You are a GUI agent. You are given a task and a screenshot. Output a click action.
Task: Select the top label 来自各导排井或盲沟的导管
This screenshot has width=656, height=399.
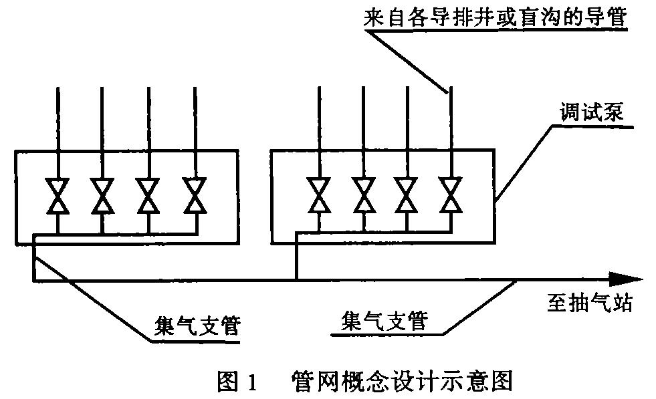click(495, 17)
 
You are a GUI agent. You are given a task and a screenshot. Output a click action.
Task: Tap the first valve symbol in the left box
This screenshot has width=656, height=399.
click(58, 196)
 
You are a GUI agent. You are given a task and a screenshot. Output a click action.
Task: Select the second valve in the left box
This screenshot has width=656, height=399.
click(103, 196)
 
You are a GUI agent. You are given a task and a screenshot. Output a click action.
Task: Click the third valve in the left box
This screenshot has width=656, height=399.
click(148, 196)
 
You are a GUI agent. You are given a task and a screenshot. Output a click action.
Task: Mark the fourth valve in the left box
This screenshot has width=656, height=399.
click(195, 196)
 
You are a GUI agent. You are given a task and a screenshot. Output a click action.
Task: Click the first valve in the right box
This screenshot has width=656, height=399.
click(318, 196)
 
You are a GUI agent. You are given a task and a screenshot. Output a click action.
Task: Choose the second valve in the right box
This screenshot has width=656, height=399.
click(362, 196)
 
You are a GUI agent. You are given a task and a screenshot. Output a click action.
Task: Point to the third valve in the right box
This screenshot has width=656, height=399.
click(407, 196)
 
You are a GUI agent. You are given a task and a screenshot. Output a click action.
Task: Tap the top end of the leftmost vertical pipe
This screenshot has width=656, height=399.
click(58, 88)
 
